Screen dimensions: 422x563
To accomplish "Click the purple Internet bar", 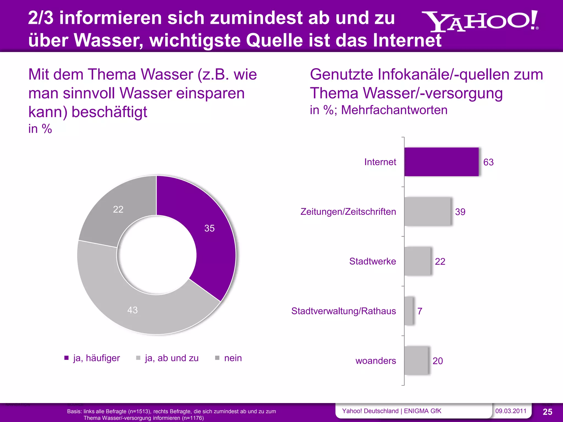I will [x=441, y=162].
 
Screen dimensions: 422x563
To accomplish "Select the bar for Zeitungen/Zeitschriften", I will [x=427, y=212].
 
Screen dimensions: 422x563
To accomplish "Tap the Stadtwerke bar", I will [x=417, y=261].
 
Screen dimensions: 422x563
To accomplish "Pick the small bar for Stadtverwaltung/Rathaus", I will [x=409, y=311].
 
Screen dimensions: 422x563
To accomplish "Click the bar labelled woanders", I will [x=416, y=360].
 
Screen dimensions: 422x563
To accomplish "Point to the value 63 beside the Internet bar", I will [x=488, y=162].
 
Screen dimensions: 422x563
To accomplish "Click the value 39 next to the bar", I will [x=460, y=212].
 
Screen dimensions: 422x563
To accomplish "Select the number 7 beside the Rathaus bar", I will [x=420, y=311].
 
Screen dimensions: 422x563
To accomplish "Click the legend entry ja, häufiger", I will [x=96, y=358].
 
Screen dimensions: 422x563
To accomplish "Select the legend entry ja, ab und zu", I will [x=172, y=358].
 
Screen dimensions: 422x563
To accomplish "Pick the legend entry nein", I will [x=233, y=358].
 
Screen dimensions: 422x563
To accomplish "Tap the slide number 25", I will [x=547, y=412].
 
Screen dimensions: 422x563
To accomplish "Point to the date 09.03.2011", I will [x=510, y=411].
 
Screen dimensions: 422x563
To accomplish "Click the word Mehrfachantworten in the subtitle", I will [x=394, y=110].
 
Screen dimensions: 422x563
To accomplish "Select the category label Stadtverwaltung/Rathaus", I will [x=343, y=311].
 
